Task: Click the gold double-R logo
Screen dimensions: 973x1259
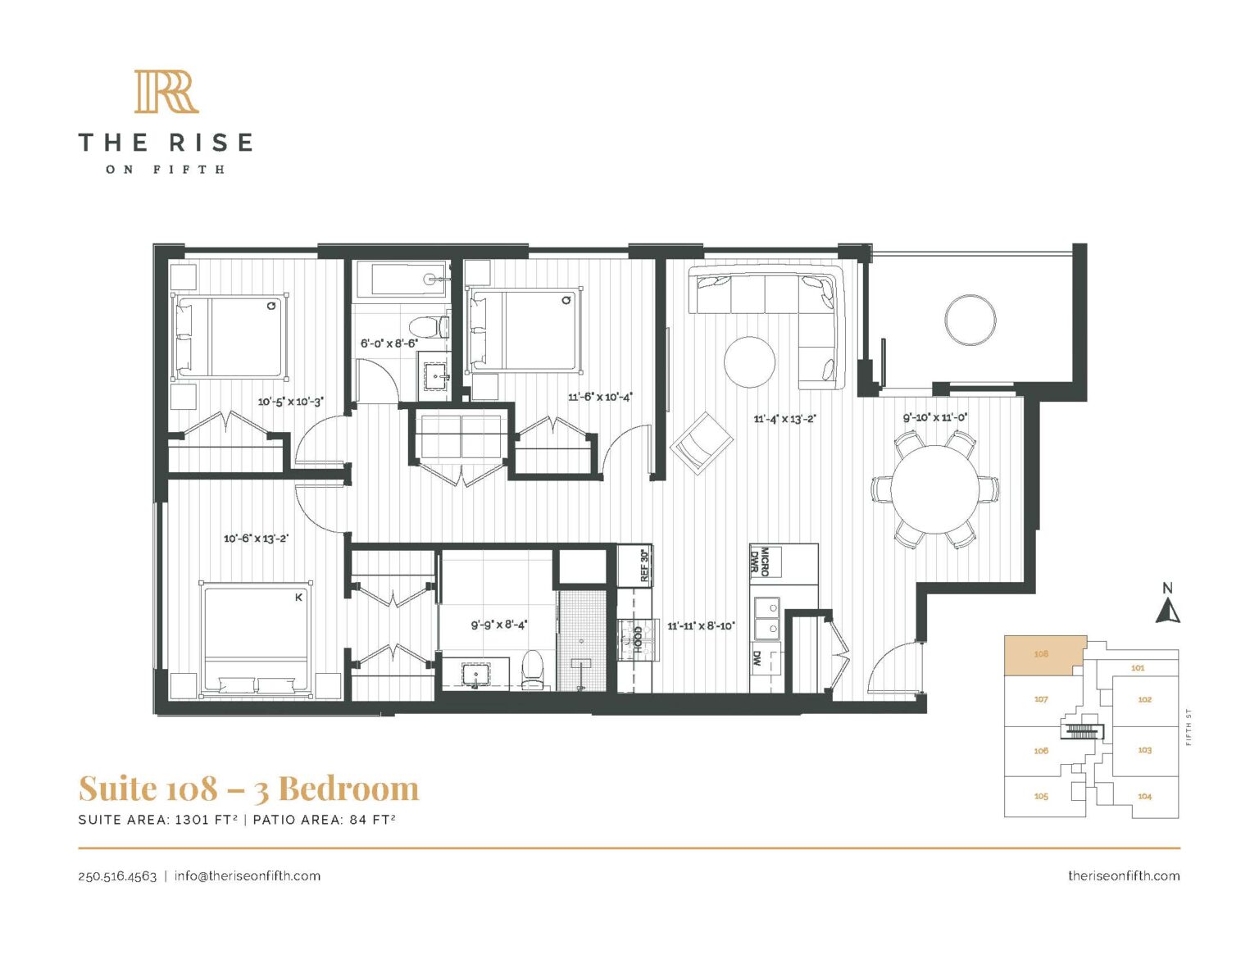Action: pyautogui.click(x=166, y=92)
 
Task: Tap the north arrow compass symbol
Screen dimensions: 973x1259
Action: pyautogui.click(x=1168, y=611)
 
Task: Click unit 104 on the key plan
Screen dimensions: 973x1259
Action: pyautogui.click(x=1144, y=796)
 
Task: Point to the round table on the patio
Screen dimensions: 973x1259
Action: pyautogui.click(x=970, y=320)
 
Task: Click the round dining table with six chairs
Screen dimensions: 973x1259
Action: pyautogui.click(x=934, y=489)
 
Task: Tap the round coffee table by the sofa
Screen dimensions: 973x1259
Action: pyautogui.click(x=749, y=361)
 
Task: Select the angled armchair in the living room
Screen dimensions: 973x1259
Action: pyautogui.click(x=702, y=442)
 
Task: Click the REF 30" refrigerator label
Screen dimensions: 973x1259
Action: pyautogui.click(x=643, y=566)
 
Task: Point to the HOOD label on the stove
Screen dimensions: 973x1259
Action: pyautogui.click(x=638, y=639)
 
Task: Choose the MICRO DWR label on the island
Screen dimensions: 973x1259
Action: pyautogui.click(x=759, y=562)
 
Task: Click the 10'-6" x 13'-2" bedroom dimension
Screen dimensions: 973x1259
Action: pyautogui.click(x=256, y=539)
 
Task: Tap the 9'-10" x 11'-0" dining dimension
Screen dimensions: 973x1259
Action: pyautogui.click(x=935, y=417)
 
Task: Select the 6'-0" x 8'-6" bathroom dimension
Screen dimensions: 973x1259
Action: pyautogui.click(x=389, y=343)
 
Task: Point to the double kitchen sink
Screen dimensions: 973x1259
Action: pyautogui.click(x=767, y=618)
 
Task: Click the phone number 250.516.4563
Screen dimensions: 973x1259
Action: pyautogui.click(x=117, y=875)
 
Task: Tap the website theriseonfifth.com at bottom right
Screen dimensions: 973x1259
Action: pyautogui.click(x=1124, y=875)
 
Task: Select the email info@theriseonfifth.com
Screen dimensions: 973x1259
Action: pyautogui.click(x=248, y=875)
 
